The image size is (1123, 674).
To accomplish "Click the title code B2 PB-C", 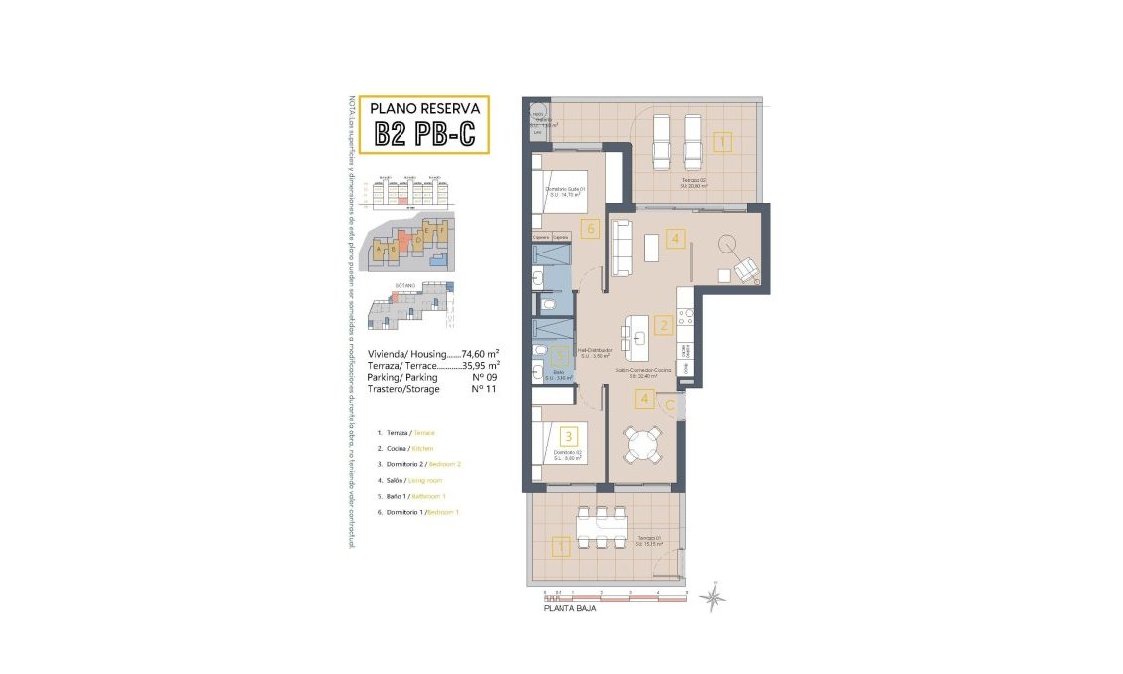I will click(424, 134).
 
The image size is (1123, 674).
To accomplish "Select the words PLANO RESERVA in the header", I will click(424, 108).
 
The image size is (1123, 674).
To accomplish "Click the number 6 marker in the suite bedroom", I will click(591, 230).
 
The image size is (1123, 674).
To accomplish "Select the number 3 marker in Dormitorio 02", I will click(568, 434).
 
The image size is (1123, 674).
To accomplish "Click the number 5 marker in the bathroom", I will click(561, 352).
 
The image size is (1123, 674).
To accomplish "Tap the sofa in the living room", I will click(622, 248).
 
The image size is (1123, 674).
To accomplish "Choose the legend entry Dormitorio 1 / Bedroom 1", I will click(418, 511).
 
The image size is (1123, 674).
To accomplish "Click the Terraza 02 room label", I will click(693, 180).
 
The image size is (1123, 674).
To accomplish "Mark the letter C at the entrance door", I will click(671, 405).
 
